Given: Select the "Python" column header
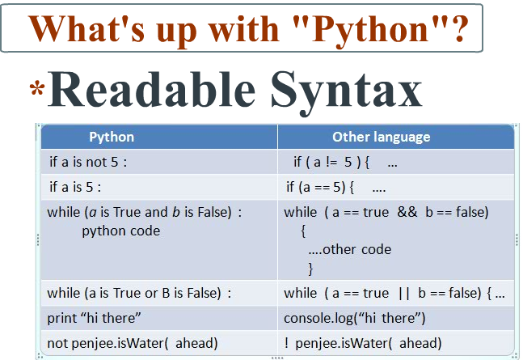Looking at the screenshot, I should (112, 137).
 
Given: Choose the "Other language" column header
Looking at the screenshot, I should (381, 137).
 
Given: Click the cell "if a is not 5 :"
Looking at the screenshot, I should (88, 162).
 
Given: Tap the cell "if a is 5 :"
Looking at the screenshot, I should (75, 187).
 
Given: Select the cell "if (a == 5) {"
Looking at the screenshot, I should (327, 187).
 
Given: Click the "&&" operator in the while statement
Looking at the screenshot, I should (406, 212).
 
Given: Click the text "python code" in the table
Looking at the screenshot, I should (121, 231).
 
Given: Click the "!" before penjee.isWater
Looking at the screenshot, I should (287, 342).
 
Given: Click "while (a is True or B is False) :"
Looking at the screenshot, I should (139, 293).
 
